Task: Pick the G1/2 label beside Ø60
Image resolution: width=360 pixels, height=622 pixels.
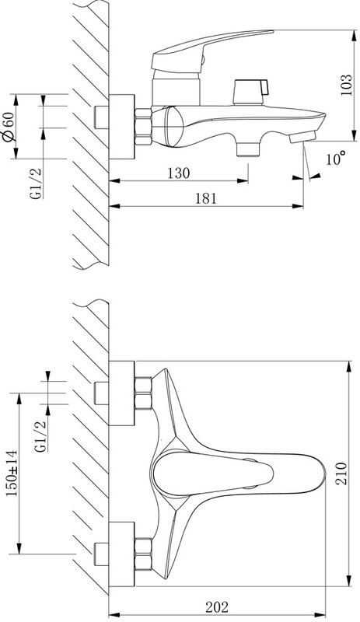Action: coord(36,183)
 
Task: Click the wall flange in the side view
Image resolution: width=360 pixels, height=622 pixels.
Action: coord(121,124)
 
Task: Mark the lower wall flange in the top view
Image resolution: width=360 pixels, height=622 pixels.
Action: coord(121,553)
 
